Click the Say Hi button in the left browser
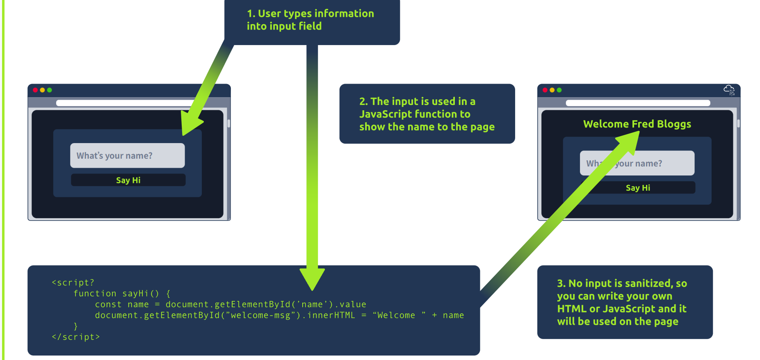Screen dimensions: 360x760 tap(128, 180)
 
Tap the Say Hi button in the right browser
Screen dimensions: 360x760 tap(638, 188)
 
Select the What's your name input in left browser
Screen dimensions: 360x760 tap(127, 155)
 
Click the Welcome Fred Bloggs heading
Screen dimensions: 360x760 tap(637, 124)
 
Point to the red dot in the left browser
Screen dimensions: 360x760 tap(35, 90)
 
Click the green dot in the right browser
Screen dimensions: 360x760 tap(559, 90)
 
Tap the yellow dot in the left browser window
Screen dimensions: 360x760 tap(42, 90)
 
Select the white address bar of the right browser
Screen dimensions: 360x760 tap(638, 103)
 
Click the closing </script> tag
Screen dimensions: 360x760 tap(76, 337)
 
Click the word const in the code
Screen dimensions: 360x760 tap(108, 305)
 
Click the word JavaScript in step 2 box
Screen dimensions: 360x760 tap(386, 114)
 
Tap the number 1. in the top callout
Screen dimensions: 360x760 tap(251, 14)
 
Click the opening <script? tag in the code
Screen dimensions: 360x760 tap(73, 283)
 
